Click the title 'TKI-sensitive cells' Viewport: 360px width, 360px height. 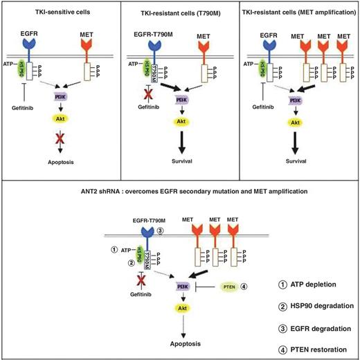[59, 14]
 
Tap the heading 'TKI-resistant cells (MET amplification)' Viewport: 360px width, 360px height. [298, 14]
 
